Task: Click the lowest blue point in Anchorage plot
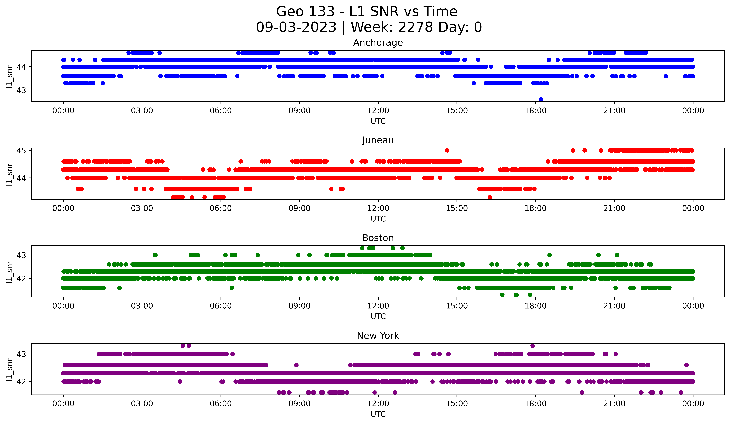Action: click(x=541, y=99)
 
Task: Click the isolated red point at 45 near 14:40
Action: click(x=447, y=150)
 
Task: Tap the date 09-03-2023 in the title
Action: click(x=296, y=27)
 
